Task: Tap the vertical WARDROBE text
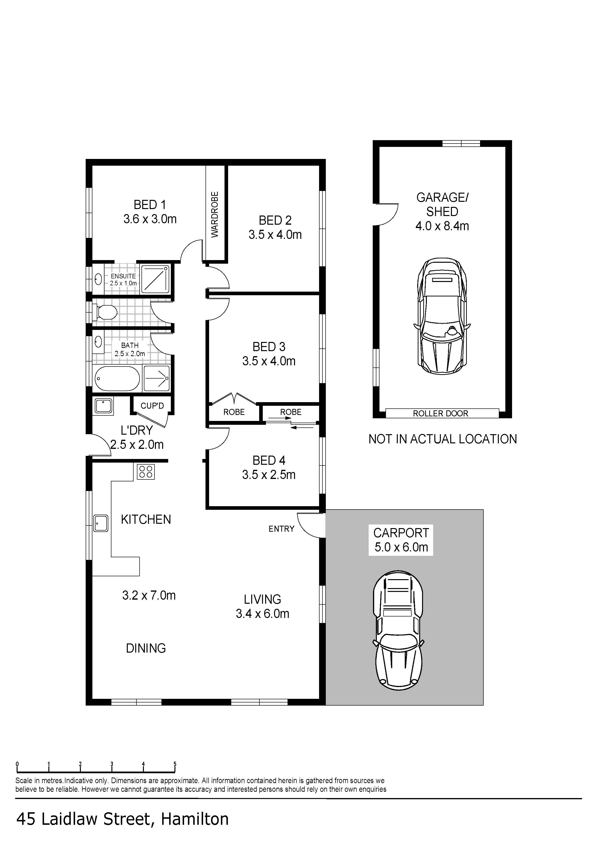(x=215, y=215)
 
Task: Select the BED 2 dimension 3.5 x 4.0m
(x=275, y=235)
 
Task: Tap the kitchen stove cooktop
(x=146, y=472)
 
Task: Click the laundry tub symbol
(x=104, y=406)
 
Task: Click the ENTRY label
(x=281, y=529)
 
